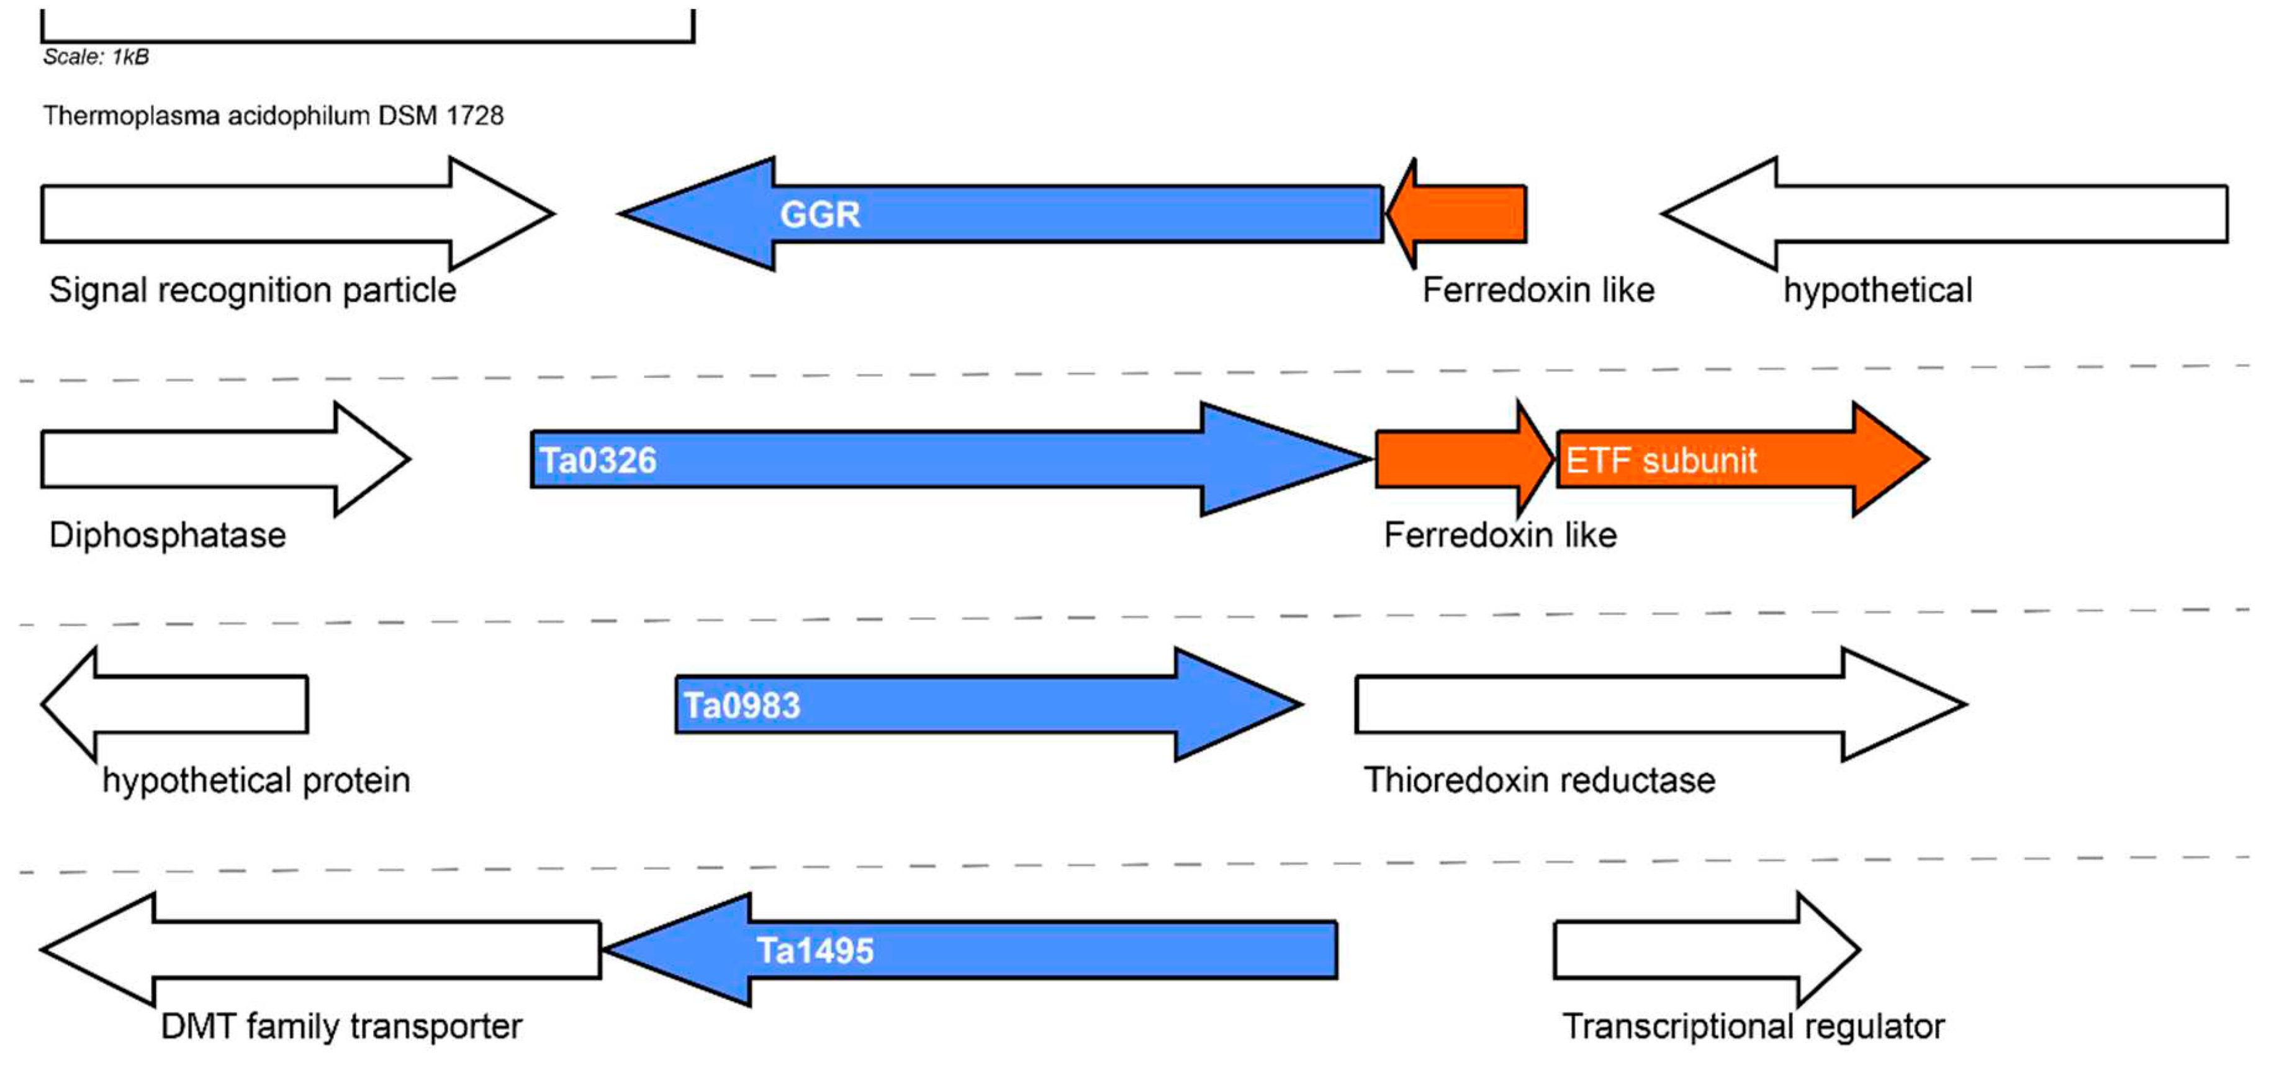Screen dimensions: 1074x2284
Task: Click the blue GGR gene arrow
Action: [1019, 214]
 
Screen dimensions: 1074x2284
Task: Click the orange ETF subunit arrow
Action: [1729, 459]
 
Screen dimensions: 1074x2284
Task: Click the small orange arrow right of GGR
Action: [1463, 214]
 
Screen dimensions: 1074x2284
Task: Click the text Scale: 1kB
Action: [96, 56]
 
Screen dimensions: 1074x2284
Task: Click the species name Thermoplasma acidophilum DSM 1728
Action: [273, 115]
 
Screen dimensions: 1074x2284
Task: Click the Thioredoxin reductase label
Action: [1539, 780]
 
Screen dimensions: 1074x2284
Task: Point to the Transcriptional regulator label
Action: [1753, 1026]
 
